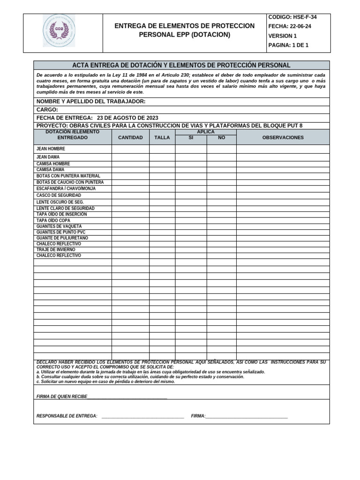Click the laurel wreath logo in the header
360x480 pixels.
pyautogui.click(x=59, y=30)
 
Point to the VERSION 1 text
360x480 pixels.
pyautogui.click(x=282, y=36)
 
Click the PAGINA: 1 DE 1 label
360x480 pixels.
pyautogui.click(x=288, y=45)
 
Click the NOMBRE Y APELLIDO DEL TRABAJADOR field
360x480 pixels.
pyautogui.click(x=91, y=102)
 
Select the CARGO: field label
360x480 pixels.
pyautogui.click(x=47, y=110)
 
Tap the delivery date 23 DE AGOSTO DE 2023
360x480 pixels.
pyautogui.click(x=127, y=118)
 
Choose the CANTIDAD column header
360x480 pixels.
pyautogui.click(x=130, y=138)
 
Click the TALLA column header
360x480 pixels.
pyautogui.click(x=162, y=138)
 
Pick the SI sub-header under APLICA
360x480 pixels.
pyautogui.click(x=191, y=138)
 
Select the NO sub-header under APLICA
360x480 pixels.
pyautogui.click(x=221, y=138)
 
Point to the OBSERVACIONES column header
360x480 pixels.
pyautogui.click(x=283, y=138)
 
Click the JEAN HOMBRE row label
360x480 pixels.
pyautogui.click(x=51, y=149)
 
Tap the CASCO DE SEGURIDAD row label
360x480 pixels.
pyautogui.click(x=59, y=195)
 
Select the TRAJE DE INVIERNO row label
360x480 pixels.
pyautogui.click(x=56, y=250)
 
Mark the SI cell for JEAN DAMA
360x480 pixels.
pyautogui.click(x=191, y=157)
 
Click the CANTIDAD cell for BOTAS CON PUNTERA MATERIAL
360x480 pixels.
pyautogui.click(x=130, y=176)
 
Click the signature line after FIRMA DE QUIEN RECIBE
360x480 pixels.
pyautogui.click(x=127, y=397)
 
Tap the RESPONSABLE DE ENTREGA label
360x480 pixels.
pyautogui.click(x=67, y=416)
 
